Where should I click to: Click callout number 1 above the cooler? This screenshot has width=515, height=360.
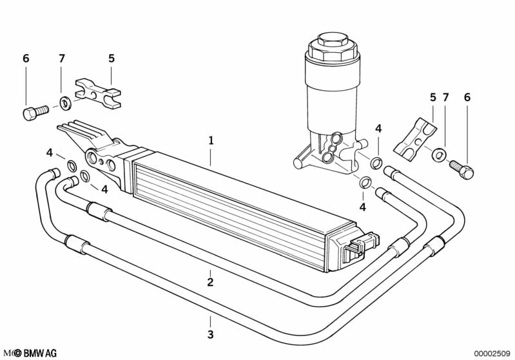pos(210,140)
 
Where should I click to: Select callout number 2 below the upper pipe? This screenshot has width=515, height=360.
pos(210,281)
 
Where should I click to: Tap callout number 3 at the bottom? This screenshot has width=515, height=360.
pos(210,335)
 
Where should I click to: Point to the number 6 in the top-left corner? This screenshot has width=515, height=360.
pos(26,59)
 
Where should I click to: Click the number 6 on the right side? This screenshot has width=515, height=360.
pos(467,97)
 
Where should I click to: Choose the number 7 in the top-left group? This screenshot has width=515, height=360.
pos(62,59)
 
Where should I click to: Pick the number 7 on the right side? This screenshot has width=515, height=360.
pos(445,97)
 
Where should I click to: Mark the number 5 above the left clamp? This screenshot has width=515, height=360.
pos(111,59)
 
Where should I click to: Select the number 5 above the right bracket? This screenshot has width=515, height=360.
pos(433,97)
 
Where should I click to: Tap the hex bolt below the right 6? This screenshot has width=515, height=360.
pos(461,169)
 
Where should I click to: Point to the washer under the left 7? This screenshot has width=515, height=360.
pos(66,102)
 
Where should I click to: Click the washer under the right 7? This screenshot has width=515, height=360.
pos(439,155)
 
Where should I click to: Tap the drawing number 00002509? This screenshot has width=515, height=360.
pos(492,354)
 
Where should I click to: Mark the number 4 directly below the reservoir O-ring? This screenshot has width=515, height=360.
pos(363,207)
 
